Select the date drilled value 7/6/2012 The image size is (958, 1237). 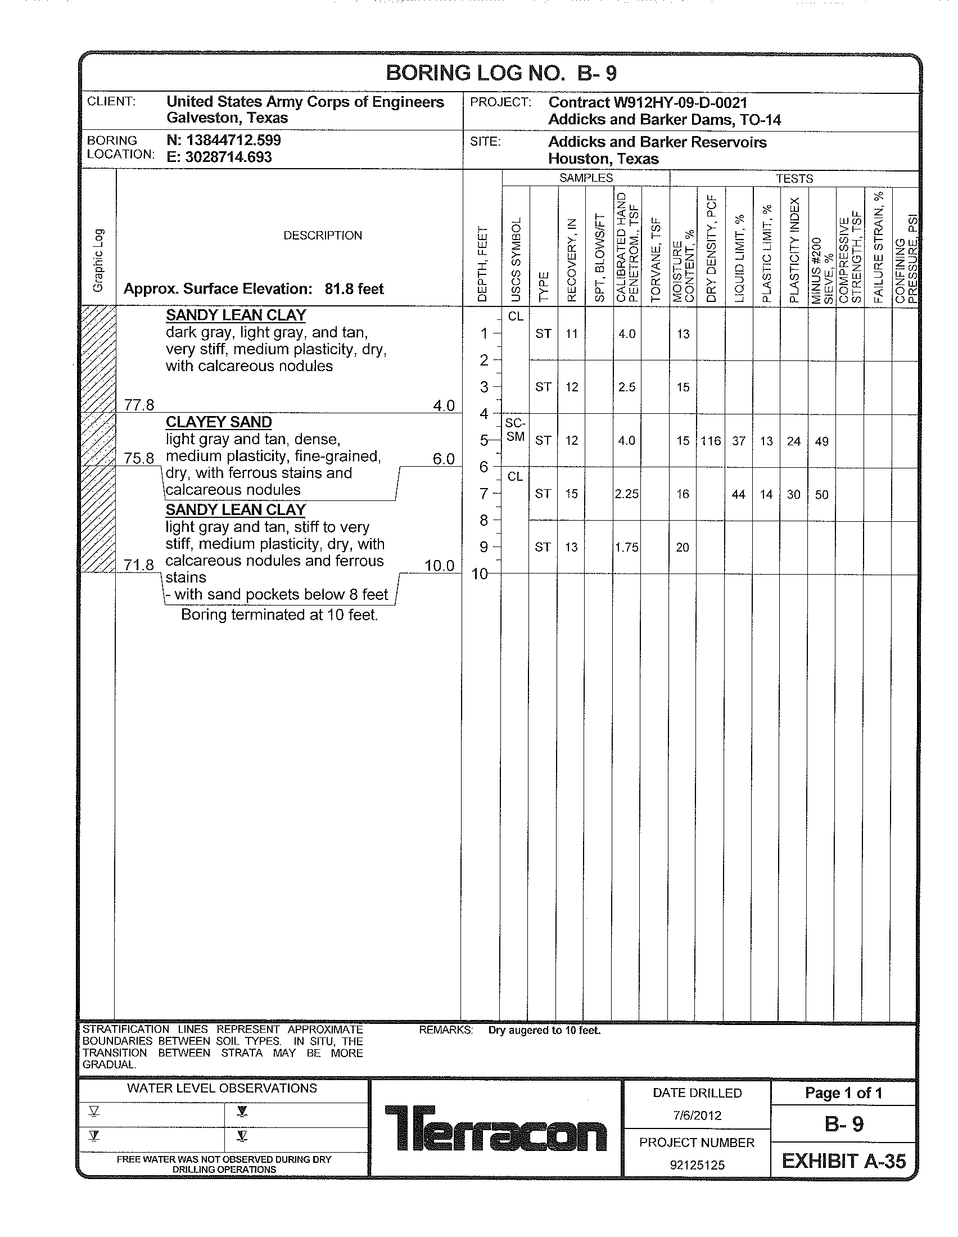[x=697, y=1116]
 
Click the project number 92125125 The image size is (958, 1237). [x=697, y=1165]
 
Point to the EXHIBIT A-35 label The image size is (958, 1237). [x=844, y=1161]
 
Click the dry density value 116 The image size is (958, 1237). [x=711, y=441]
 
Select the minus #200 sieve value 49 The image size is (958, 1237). [x=821, y=441]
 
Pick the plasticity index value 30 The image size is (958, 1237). [x=794, y=494]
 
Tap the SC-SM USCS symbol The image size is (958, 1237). [x=515, y=430]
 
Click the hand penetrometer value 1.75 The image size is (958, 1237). [x=627, y=547]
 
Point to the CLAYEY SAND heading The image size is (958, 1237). [x=219, y=422]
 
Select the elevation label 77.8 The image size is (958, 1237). [x=139, y=405]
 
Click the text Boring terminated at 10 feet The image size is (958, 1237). [x=279, y=615]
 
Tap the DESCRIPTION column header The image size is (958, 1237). [x=323, y=236]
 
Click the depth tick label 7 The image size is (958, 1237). [x=483, y=494]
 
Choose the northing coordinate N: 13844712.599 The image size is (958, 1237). [x=224, y=140]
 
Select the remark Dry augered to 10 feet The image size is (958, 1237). [x=544, y=1030]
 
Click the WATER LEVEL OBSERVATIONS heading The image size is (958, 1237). [x=222, y=1088]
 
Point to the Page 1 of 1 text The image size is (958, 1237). [x=844, y=1093]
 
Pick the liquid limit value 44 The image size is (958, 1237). [x=738, y=494]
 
